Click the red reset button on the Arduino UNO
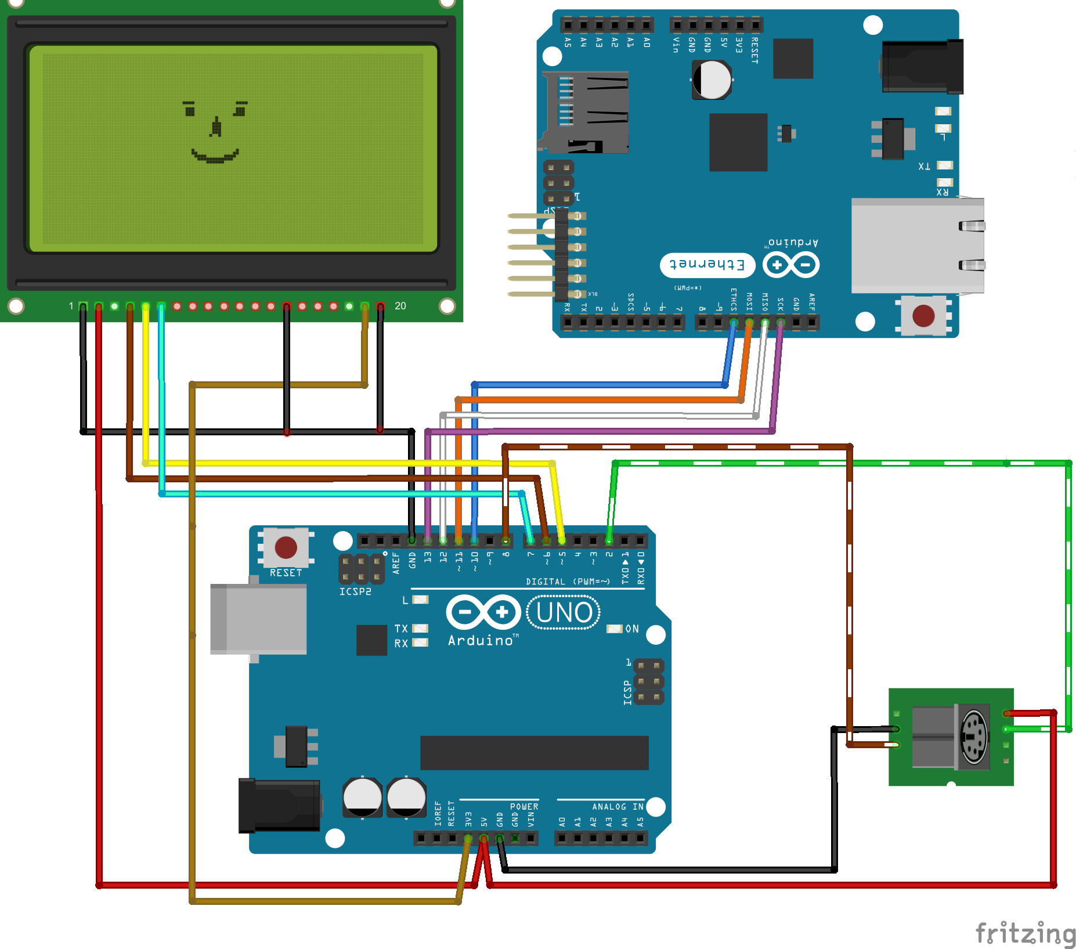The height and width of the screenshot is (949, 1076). coord(286,547)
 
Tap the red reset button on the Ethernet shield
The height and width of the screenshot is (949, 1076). coord(923,316)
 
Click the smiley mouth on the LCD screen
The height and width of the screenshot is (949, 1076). coord(215,157)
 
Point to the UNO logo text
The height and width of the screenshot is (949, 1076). coord(564,612)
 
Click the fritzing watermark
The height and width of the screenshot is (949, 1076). coord(1025,933)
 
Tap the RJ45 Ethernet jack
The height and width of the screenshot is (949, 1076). coord(917,245)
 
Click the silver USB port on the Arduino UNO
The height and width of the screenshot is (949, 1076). coord(259,619)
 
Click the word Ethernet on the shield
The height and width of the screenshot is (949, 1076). coord(707,265)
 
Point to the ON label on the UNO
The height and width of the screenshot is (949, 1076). coord(632,629)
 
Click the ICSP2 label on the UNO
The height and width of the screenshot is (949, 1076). coord(355,591)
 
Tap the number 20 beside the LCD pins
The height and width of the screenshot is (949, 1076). coord(400,306)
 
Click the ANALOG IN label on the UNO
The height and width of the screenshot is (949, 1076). coord(618,807)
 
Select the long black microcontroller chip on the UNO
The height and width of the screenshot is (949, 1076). coord(534,753)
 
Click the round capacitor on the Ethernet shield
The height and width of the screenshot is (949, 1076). coord(712,80)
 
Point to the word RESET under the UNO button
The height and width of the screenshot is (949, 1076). coord(286,573)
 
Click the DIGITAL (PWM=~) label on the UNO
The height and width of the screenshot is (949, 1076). coord(568,582)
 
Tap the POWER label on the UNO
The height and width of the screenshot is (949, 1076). coord(524,807)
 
